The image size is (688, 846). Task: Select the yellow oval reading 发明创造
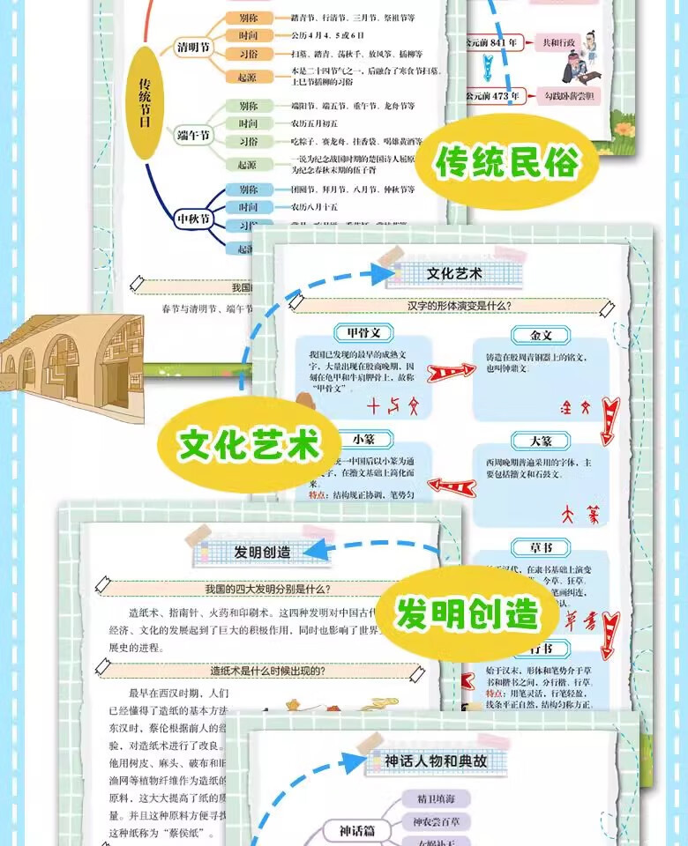(466, 613)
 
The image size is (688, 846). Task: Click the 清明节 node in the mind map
(193, 47)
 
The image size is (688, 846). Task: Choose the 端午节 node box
(193, 136)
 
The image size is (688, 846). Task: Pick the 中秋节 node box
(193, 218)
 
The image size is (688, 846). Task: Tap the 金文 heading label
(542, 336)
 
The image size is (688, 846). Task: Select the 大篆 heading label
(542, 440)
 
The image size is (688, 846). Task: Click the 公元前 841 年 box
(496, 42)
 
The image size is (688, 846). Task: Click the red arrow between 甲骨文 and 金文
(452, 373)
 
